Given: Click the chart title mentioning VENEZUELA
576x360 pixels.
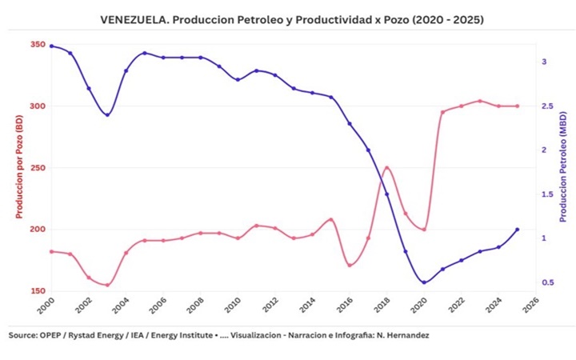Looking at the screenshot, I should [291, 18].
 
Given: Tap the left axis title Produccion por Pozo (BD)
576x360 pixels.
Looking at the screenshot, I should [19, 167].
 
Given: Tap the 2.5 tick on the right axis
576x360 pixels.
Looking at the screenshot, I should [547, 106].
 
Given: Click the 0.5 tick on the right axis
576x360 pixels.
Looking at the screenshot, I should [547, 282].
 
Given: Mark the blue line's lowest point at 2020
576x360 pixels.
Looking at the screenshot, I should [424, 282].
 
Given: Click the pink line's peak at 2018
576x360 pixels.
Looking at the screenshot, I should [386, 168].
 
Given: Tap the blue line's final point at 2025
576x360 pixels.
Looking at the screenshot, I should [517, 230].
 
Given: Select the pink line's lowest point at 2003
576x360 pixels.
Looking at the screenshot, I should [107, 285].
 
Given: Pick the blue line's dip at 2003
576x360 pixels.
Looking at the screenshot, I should [107, 114].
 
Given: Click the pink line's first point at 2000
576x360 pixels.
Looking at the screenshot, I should [51, 251].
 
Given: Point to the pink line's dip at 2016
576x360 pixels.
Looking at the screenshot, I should [350, 265].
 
